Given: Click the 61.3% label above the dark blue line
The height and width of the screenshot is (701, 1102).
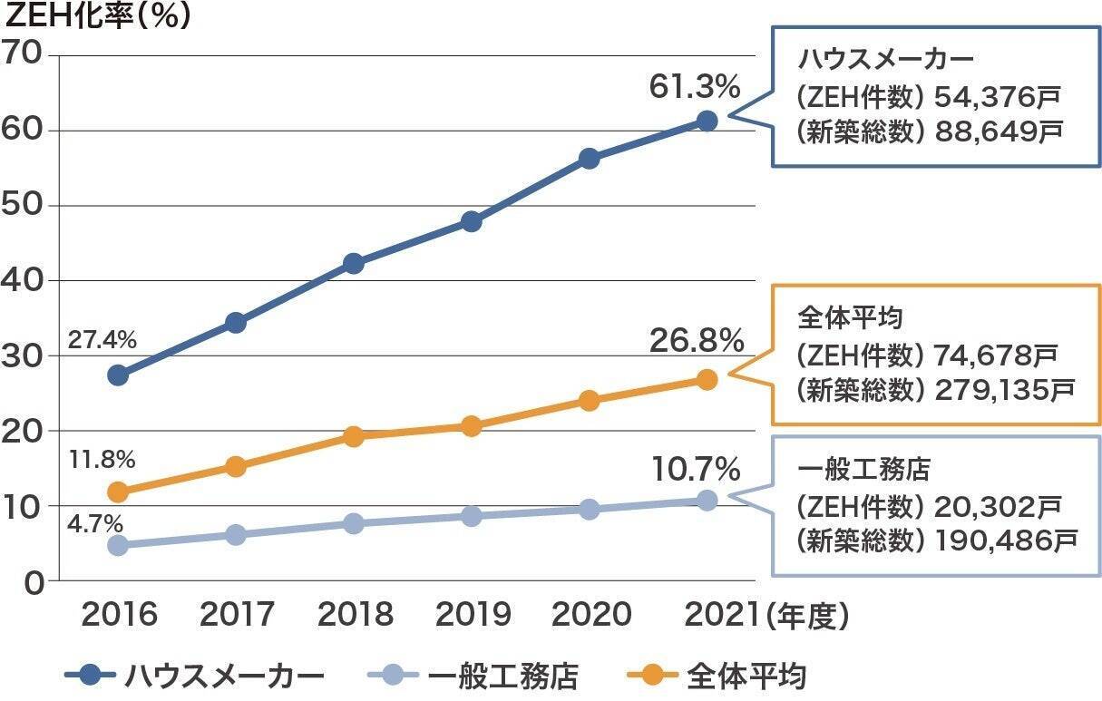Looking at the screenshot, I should pyautogui.click(x=695, y=87).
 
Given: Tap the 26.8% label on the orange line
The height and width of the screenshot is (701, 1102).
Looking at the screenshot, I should pyautogui.click(x=697, y=341).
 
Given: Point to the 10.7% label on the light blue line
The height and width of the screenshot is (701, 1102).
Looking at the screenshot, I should pyautogui.click(x=697, y=469).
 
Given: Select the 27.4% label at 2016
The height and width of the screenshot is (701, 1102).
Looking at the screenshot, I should pyautogui.click(x=102, y=341).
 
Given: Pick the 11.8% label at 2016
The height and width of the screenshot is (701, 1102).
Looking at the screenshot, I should pyautogui.click(x=102, y=459).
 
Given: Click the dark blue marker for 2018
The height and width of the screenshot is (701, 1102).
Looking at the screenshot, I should pyautogui.click(x=354, y=264).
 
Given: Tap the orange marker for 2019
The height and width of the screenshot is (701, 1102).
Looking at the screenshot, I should pyautogui.click(x=471, y=425).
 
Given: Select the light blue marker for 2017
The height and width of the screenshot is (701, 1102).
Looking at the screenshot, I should pyautogui.click(x=236, y=535).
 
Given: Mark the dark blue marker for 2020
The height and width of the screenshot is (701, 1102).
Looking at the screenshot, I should pyautogui.click(x=589, y=159).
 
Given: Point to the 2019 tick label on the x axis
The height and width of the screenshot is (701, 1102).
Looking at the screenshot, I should pyautogui.click(x=473, y=616).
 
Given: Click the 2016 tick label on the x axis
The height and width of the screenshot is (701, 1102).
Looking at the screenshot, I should pyautogui.click(x=119, y=616).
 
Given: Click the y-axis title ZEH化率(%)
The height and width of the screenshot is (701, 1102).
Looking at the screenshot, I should pyautogui.click(x=98, y=17).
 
